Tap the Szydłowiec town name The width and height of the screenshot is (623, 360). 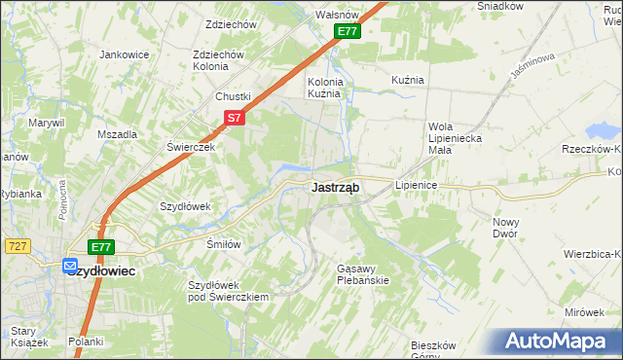103,271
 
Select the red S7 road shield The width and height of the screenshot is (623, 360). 234,118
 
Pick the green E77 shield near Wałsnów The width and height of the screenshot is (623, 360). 348,32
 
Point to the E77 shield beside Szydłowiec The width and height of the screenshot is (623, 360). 102,247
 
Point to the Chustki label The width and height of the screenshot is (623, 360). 234,96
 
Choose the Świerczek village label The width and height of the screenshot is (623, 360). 190,145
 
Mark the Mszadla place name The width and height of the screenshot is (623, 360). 118,135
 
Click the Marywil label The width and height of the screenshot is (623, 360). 46,123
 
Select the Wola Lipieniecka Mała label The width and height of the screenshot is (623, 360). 455,132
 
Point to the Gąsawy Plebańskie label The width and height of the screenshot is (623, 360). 362,274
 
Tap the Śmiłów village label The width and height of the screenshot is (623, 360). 223,244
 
